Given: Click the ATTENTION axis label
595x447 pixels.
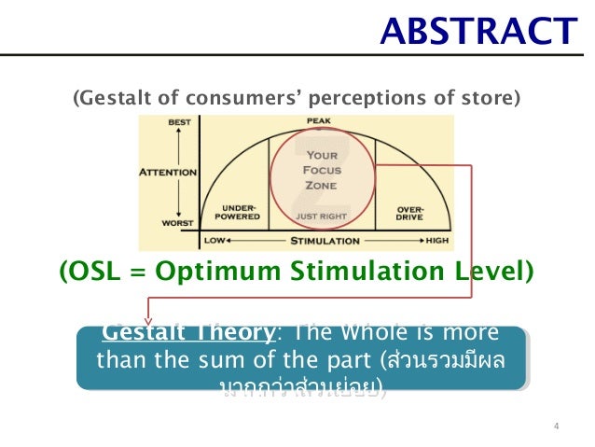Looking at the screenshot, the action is pos(168,172).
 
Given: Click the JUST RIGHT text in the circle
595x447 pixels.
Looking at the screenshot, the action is pos(321,216).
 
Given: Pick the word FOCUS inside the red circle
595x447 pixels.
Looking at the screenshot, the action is pos(321,171).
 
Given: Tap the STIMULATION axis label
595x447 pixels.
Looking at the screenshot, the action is pos(321,241).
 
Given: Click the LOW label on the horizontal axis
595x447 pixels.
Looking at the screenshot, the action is pos(213,241).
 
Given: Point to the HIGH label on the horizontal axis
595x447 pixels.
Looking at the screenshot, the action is pos(436,241).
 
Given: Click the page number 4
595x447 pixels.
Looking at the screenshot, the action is pos(556,427).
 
